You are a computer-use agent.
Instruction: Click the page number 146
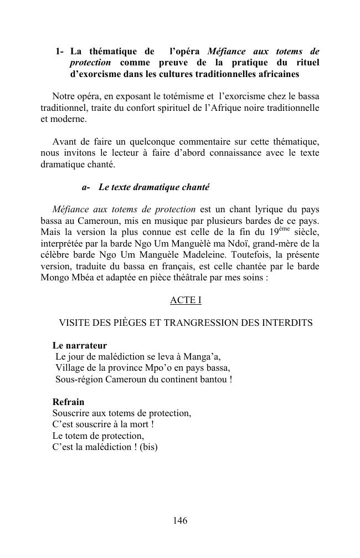[180, 520]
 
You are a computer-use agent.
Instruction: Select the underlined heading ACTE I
[186, 300]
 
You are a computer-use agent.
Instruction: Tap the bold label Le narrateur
[80, 345]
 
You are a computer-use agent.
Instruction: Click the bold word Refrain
[68, 402]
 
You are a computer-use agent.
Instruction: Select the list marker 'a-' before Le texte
[86, 187]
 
